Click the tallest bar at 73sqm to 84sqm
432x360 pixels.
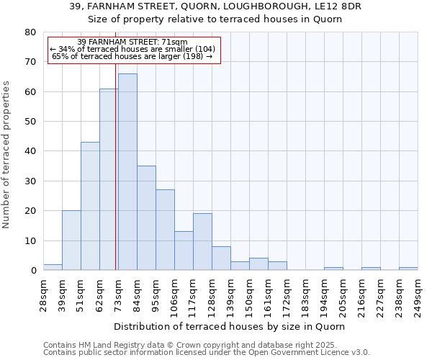(127, 172)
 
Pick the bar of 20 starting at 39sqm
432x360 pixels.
(71, 240)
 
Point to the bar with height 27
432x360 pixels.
(165, 230)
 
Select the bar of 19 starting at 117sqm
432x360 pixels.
(202, 242)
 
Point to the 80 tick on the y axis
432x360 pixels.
(31, 32)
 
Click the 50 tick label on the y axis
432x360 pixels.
(31, 122)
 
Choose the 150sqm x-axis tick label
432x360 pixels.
(249, 293)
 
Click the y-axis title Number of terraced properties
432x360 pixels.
(7, 155)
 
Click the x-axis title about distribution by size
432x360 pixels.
(230, 326)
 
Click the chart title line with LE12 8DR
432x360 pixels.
(216, 6)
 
